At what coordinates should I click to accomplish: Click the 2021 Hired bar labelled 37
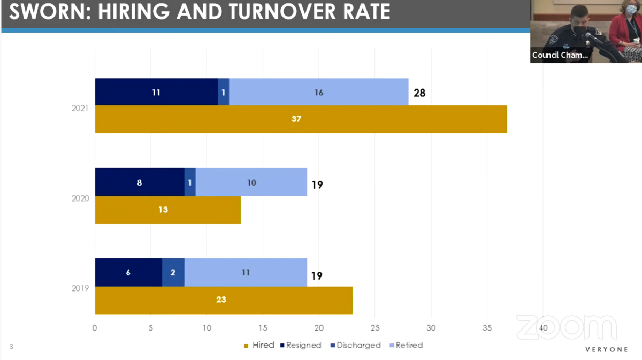301,119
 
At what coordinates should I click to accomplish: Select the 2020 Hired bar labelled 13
168,210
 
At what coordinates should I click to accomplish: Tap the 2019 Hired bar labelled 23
224,300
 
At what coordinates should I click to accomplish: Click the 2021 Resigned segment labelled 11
156,91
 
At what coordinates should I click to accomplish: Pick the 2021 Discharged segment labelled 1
224,91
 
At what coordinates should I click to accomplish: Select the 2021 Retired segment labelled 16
319,91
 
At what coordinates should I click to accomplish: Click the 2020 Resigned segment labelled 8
140,182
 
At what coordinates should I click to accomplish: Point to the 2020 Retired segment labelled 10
251,182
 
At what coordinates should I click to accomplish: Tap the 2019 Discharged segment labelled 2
173,272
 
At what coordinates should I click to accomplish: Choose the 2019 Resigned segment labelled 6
129,272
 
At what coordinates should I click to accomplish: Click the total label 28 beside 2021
419,93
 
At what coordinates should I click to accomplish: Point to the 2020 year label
80,198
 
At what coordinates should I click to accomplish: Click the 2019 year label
80,288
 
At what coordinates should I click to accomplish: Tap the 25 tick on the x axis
375,328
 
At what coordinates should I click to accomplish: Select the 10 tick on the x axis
207,328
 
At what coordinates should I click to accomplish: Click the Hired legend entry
259,346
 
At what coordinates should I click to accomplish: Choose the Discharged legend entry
356,346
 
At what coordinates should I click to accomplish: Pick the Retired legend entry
407,346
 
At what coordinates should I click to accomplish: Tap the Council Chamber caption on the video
560,55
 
